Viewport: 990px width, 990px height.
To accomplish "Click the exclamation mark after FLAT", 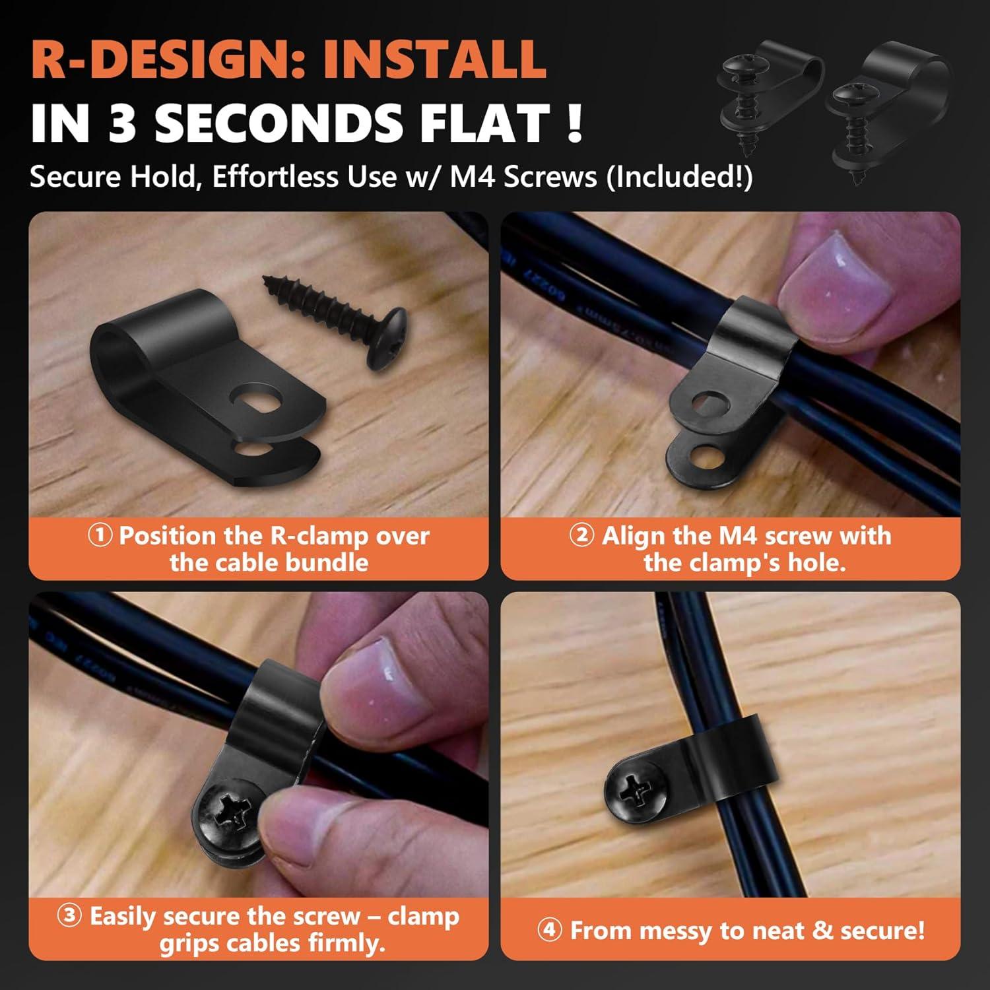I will click(x=574, y=123).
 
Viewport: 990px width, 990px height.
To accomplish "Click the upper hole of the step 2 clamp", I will click(x=708, y=401).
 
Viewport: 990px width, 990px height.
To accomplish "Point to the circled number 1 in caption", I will click(x=100, y=535).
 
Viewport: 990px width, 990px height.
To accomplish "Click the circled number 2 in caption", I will click(x=581, y=535).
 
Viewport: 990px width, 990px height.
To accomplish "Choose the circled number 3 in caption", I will click(x=70, y=916).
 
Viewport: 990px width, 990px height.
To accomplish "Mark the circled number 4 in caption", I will click(x=550, y=931).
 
